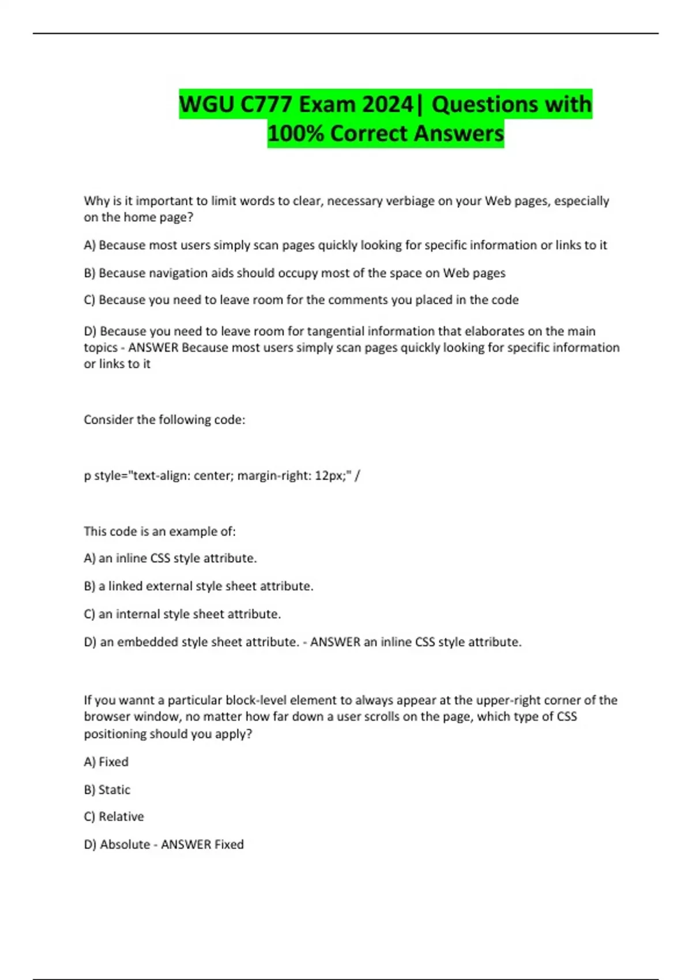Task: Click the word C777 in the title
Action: [x=266, y=104]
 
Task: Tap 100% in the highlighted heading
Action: [x=296, y=133]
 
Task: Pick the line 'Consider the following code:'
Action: [x=164, y=420]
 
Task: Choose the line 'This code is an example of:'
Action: [x=160, y=532]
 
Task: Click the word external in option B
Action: [x=168, y=586]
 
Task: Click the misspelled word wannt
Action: [x=137, y=700]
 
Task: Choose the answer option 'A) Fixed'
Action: [x=106, y=762]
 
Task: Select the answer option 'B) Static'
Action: [x=107, y=790]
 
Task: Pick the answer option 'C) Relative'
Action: [x=114, y=817]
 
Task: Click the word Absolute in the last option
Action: [x=125, y=845]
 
